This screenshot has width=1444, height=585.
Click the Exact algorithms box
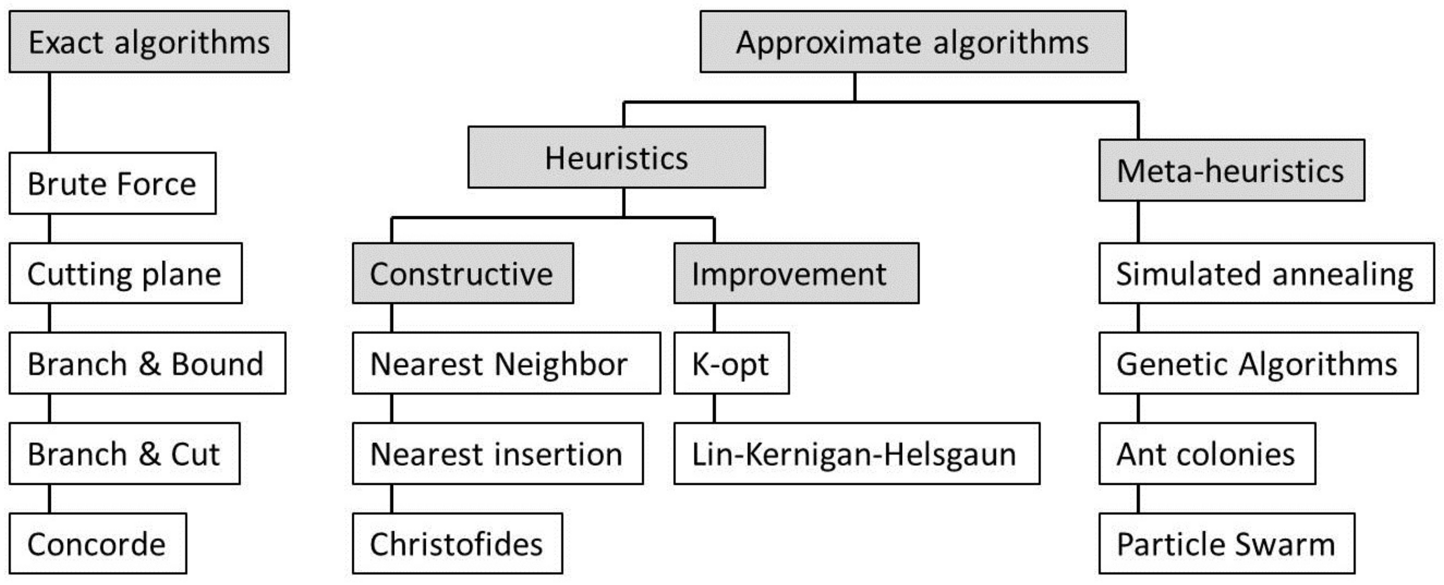point(149,42)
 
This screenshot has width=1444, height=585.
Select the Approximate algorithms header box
point(912,42)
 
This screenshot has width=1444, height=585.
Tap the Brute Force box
point(112,183)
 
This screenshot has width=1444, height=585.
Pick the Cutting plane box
point(125,273)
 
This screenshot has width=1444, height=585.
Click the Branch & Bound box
point(147,363)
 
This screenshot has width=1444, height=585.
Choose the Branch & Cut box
point(124,453)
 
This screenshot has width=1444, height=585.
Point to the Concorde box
point(98,544)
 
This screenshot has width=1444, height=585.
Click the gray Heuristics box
point(616,158)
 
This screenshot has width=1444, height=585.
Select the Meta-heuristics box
point(1231,170)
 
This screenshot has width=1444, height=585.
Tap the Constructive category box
point(463,273)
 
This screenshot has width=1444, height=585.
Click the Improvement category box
point(796,273)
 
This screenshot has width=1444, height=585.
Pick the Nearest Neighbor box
point(506,363)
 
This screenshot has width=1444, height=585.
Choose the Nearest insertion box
point(497,453)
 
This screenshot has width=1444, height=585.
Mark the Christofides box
point(457,544)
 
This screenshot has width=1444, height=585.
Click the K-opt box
point(731,363)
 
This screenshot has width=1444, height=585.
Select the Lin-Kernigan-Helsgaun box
point(856,453)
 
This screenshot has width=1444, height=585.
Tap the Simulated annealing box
point(1266,273)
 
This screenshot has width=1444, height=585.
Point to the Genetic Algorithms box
point(1258,363)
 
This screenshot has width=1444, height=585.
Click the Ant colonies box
point(1206,453)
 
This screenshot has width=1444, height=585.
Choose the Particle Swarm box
point(1226,544)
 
